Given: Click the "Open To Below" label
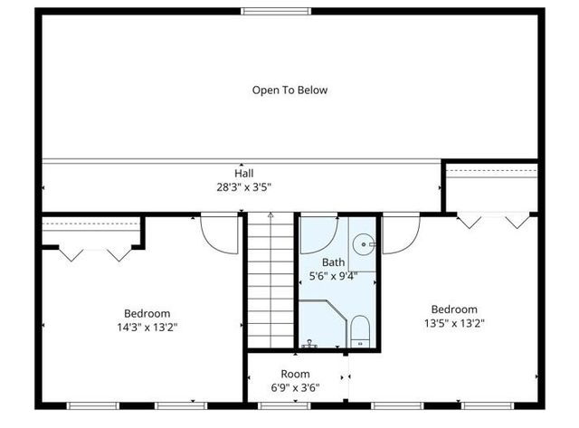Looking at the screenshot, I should point(289,90).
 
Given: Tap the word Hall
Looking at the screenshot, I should point(244,173).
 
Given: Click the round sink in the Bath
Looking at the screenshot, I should point(364,243).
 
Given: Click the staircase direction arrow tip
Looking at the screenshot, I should point(270,214).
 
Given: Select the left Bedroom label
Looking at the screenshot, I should point(147,313).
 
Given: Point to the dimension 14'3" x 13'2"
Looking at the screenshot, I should point(147,328).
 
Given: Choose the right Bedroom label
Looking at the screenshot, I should point(454,309).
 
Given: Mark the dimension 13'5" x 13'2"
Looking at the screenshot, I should point(454,323).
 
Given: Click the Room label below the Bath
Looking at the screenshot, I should point(295,374).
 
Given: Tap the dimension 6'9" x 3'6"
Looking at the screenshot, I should point(295,388).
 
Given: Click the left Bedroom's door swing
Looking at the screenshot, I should point(217,233).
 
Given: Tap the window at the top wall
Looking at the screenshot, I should point(277,11).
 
